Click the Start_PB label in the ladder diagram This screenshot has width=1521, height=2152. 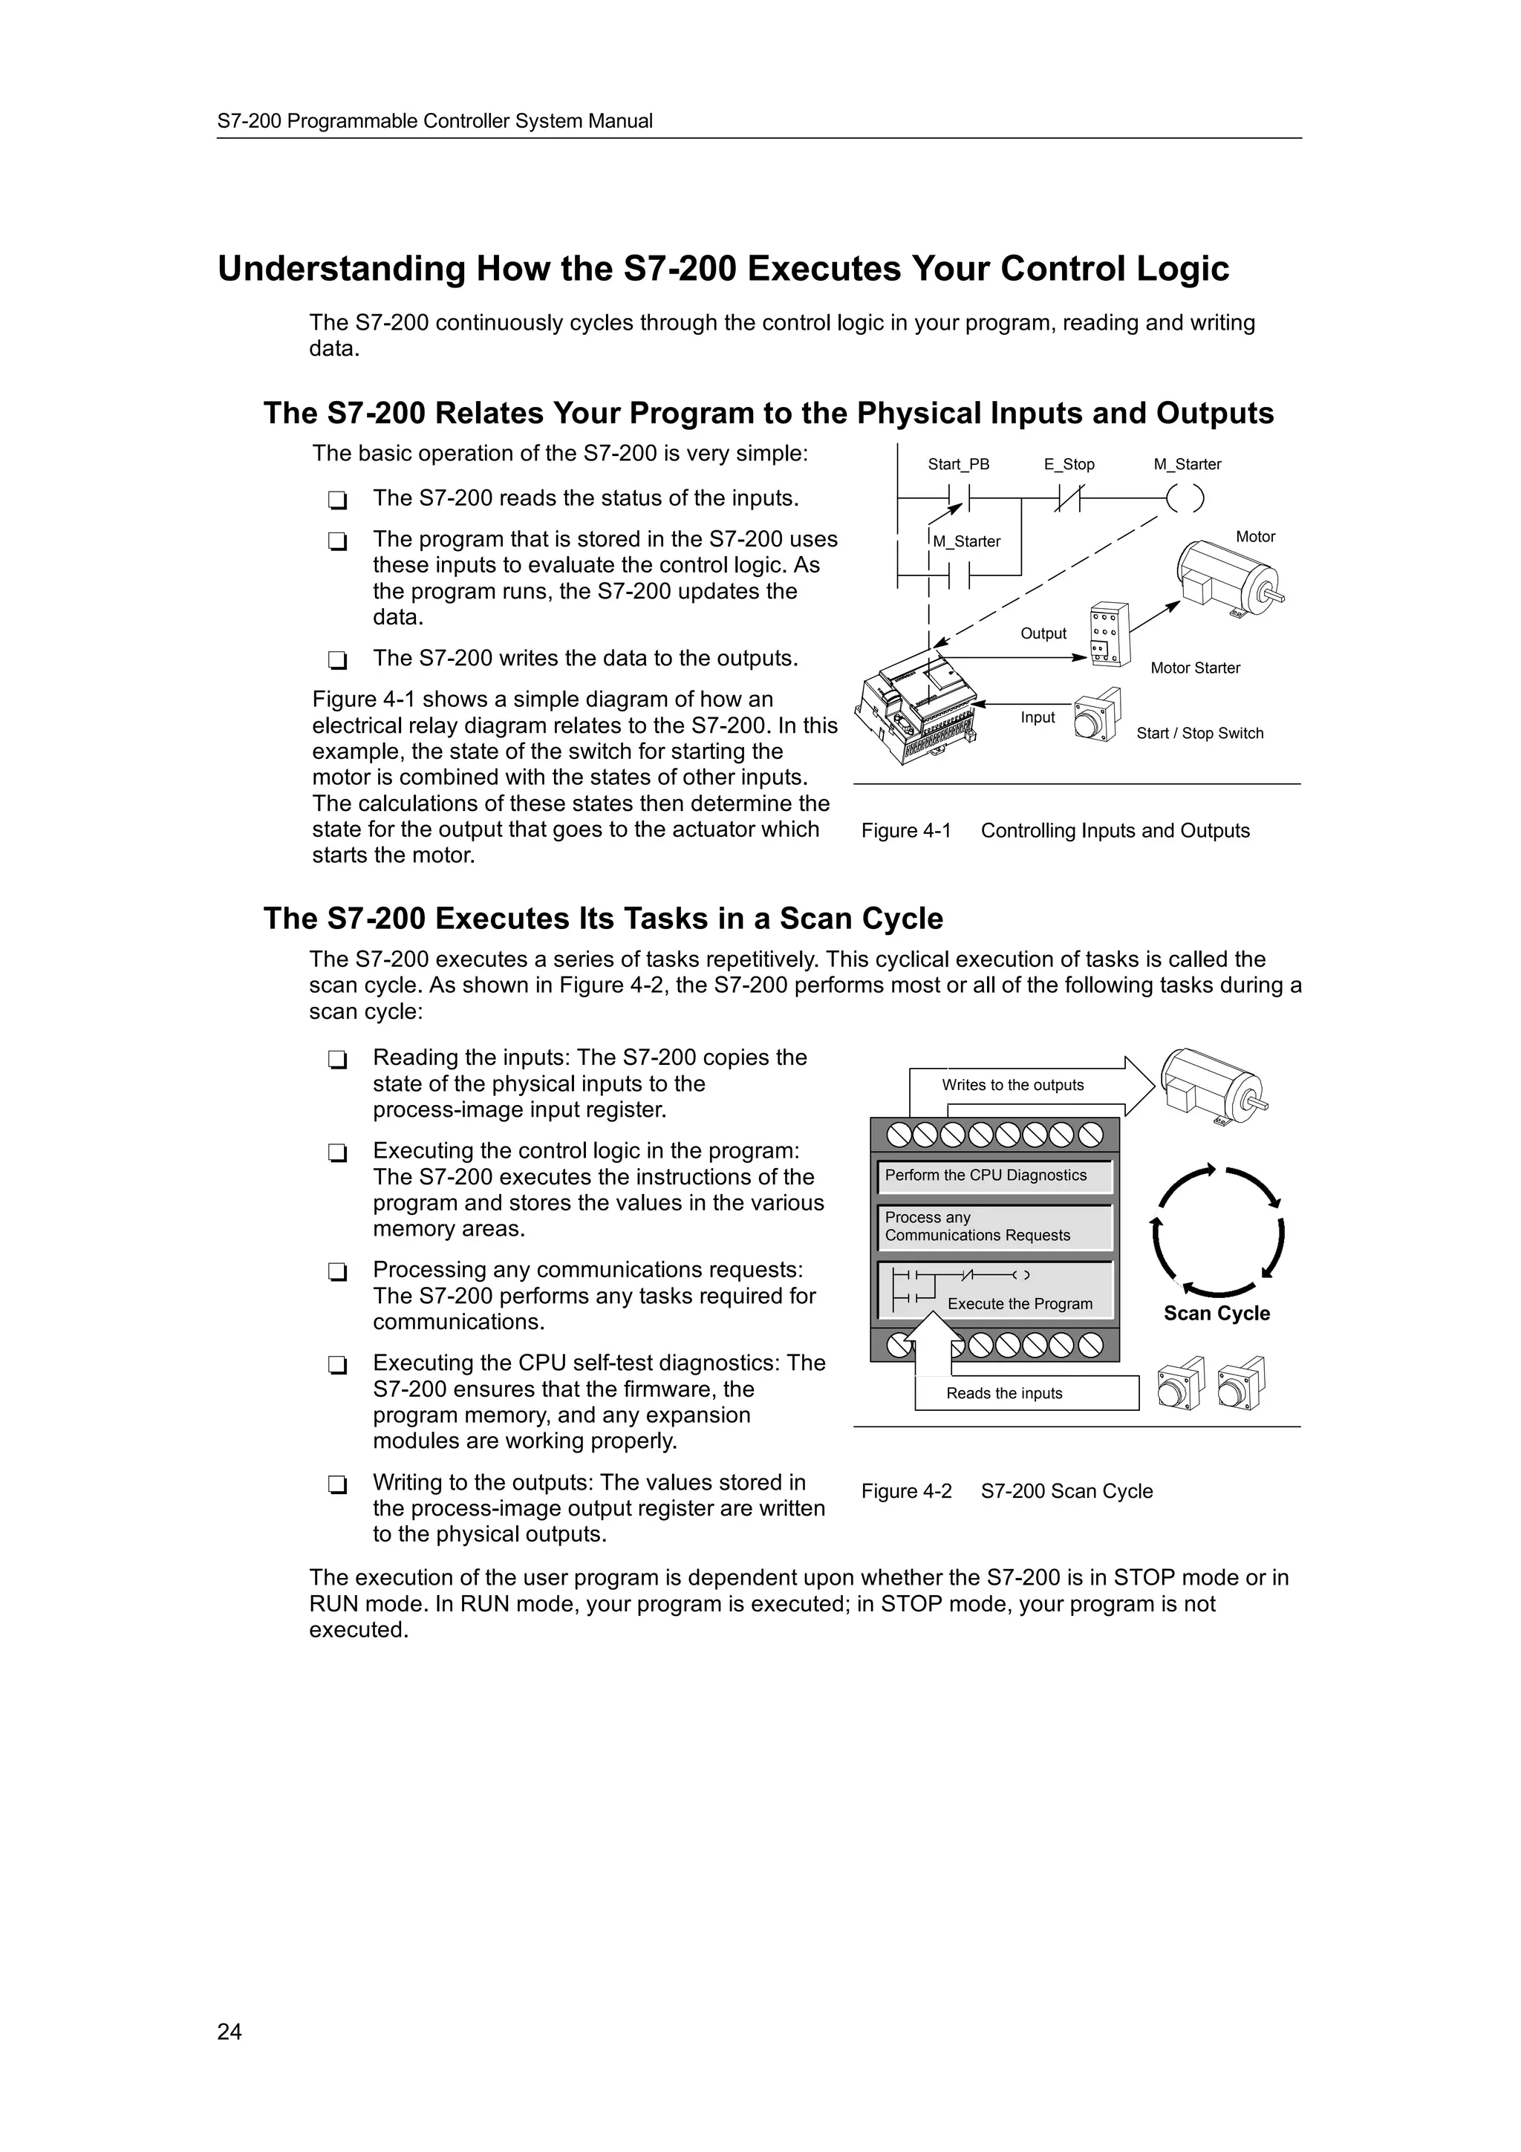(x=958, y=464)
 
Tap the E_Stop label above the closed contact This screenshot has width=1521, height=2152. (x=1069, y=464)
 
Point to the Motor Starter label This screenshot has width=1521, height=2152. (x=1195, y=668)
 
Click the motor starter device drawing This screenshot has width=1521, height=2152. (x=1110, y=635)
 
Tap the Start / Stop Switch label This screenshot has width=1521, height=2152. (x=1199, y=733)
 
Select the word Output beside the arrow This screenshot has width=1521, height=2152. (x=1043, y=633)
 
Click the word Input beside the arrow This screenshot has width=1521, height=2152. (x=1038, y=717)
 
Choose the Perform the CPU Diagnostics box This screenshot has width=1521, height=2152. (x=994, y=1176)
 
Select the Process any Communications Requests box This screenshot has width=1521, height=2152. (x=994, y=1227)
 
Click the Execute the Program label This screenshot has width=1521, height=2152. (x=1020, y=1304)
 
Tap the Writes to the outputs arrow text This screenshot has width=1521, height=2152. (x=1012, y=1086)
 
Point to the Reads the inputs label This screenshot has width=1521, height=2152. (x=1003, y=1394)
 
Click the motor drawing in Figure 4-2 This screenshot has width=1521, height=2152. (x=1214, y=1087)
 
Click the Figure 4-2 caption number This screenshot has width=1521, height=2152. (x=906, y=1491)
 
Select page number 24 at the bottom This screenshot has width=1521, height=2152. (x=229, y=2032)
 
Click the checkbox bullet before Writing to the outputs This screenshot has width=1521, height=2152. (x=337, y=1484)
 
